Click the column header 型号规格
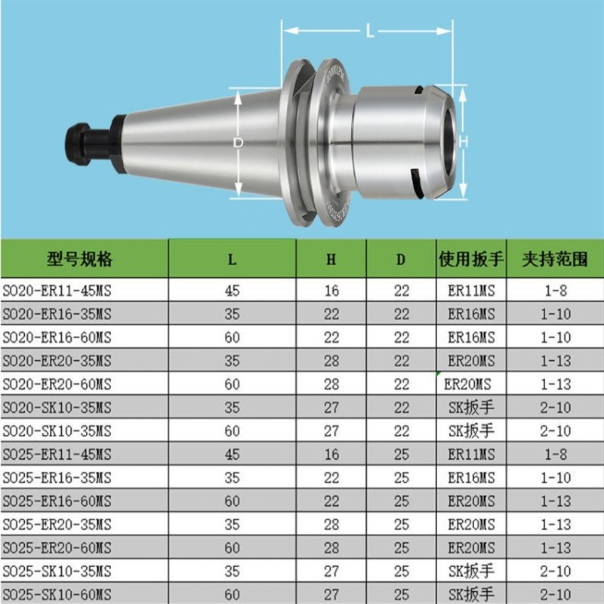(x=79, y=259)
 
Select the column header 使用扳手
(x=471, y=259)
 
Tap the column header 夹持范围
(x=555, y=259)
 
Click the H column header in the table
(x=331, y=259)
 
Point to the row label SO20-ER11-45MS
(x=57, y=290)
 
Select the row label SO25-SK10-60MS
(x=57, y=593)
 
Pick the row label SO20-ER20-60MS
(x=57, y=384)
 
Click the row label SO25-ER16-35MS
(x=57, y=478)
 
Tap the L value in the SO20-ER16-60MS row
(x=233, y=337)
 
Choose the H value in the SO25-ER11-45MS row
(x=331, y=455)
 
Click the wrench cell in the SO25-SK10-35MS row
(x=471, y=571)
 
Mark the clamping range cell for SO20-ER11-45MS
(x=555, y=290)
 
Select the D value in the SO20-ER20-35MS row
(x=401, y=361)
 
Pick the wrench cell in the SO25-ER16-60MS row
(x=471, y=501)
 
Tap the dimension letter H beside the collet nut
(x=464, y=141)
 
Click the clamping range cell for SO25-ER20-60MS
(x=555, y=547)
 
